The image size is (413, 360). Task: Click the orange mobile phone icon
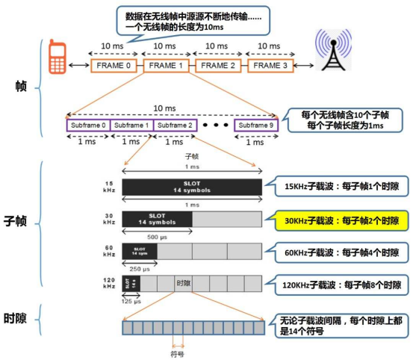coord(55,59)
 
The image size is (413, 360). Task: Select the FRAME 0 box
coord(114,66)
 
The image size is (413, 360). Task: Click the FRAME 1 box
coord(165,66)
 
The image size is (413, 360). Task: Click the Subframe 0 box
coord(88,125)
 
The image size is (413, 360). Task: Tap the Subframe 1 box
coord(131,125)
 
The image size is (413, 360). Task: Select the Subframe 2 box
coord(175,125)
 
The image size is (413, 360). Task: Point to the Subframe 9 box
coord(255,125)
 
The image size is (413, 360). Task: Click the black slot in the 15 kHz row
coord(192,187)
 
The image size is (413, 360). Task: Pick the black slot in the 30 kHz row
coord(156,219)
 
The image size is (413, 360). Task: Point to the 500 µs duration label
coord(156,236)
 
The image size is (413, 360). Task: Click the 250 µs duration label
coord(138,268)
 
